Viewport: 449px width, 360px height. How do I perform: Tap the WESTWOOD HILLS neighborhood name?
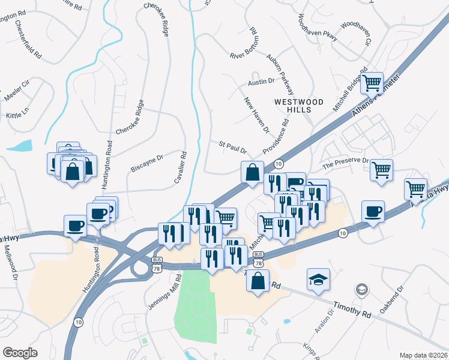(x=298, y=106)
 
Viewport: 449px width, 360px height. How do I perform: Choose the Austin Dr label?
(x=261, y=80)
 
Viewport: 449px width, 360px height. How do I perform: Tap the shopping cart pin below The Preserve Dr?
(x=381, y=170)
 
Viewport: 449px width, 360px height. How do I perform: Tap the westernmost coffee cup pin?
(x=75, y=226)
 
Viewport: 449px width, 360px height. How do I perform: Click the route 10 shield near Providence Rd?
(x=279, y=164)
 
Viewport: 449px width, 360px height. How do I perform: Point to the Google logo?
(x=20, y=353)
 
